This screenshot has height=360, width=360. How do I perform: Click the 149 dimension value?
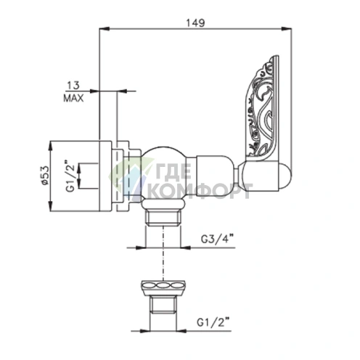(x=195, y=22)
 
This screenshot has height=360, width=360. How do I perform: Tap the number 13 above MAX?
(x=73, y=86)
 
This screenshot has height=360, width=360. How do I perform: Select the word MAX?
(x=73, y=98)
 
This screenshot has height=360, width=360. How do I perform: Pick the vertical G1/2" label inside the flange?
(x=70, y=176)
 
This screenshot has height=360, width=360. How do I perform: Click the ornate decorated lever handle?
(x=263, y=109)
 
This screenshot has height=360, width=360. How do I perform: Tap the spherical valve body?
(x=164, y=173)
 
